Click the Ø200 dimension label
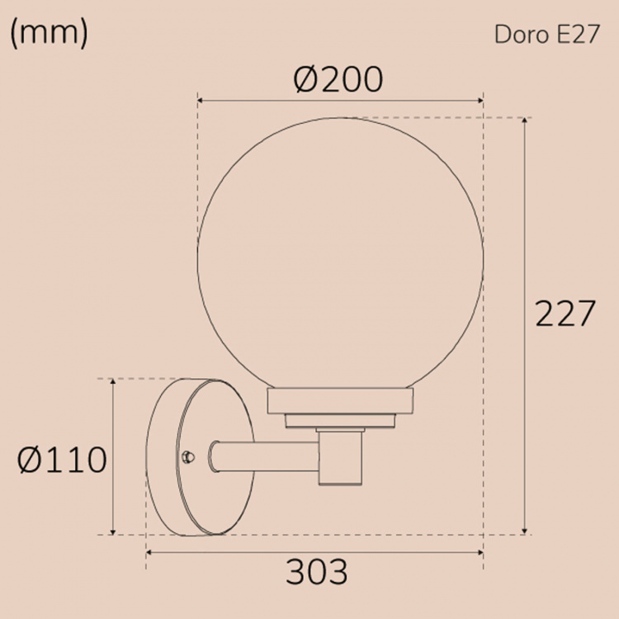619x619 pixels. (x=338, y=80)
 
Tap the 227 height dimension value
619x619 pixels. (x=565, y=314)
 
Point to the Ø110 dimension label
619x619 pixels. (x=63, y=460)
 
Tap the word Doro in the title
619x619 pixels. (x=517, y=36)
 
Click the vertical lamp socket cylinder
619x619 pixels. (x=340, y=459)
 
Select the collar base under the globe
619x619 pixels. (x=339, y=403)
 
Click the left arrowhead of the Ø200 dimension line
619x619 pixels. (x=199, y=100)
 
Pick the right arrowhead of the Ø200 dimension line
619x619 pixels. (x=480, y=100)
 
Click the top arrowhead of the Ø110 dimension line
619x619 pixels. (x=112, y=382)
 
